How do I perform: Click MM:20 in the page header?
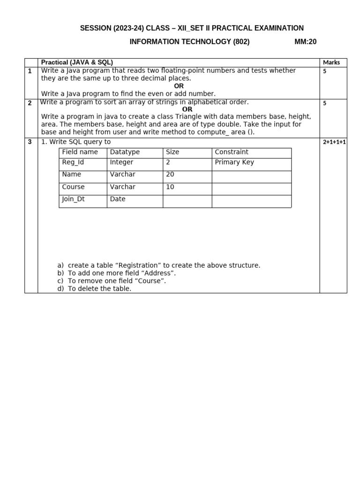coord(305,42)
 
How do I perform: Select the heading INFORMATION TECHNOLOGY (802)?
coord(189,42)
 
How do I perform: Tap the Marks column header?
coord(331,62)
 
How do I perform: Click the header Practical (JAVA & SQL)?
coord(77,62)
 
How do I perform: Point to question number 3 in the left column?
coord(30,142)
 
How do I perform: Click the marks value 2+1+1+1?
coord(334,142)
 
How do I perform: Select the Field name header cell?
coord(80,152)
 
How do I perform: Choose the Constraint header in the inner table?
coord(232,152)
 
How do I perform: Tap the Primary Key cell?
coord(234,162)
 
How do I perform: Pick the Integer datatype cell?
coord(121,162)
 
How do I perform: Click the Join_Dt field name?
coord(73,199)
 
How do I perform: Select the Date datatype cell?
coord(118,199)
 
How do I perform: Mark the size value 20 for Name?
coord(170,174)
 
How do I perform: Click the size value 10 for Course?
coord(170,187)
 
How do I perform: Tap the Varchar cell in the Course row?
coord(122,187)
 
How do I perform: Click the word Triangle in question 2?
coord(188,117)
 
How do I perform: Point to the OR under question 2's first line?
coord(187,109)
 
